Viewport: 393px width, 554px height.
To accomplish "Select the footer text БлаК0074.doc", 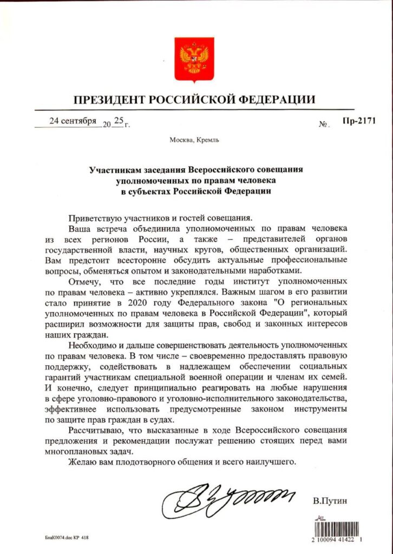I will coord(60,539).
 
